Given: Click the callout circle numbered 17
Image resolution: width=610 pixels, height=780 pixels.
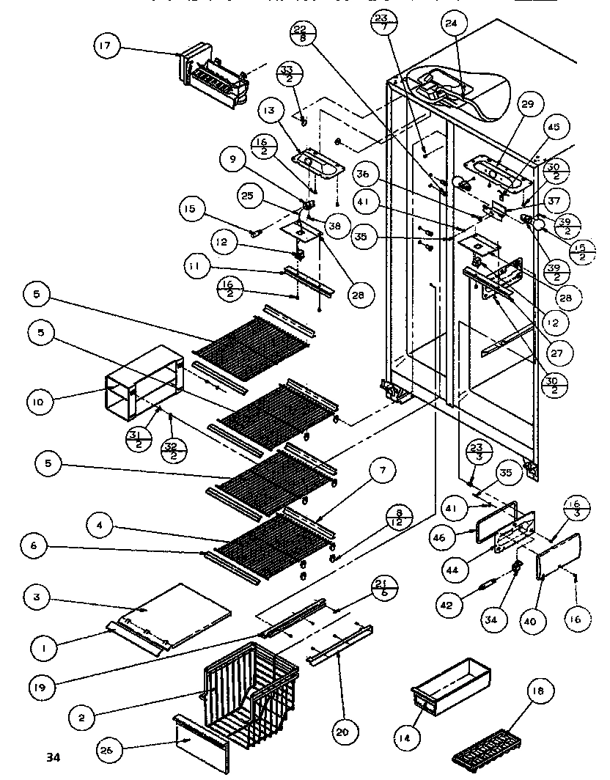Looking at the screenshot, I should click(106, 46).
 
